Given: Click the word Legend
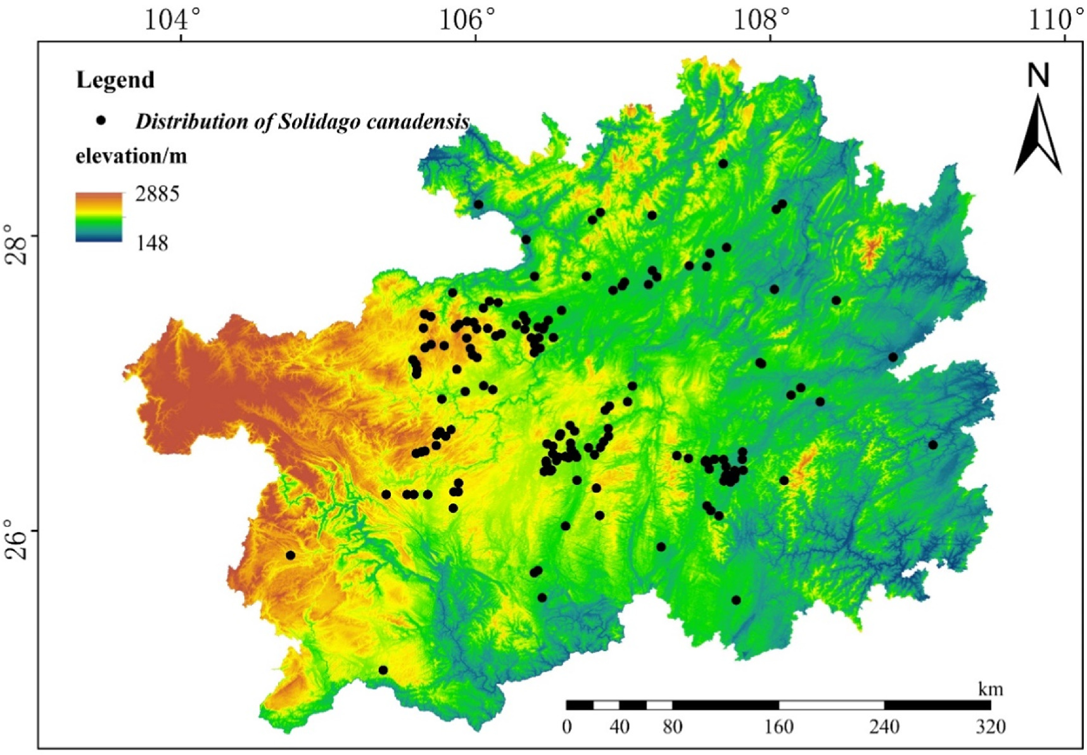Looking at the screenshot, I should click(115, 80).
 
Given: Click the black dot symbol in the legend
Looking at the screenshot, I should click(101, 120).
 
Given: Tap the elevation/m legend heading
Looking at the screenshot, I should click(131, 156).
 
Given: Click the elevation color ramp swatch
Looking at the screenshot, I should click(99, 217).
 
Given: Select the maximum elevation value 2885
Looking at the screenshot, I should click(157, 194).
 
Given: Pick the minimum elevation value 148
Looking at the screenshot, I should click(152, 243).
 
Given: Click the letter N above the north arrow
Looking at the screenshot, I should click(1038, 76).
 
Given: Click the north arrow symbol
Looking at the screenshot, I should click(1038, 135).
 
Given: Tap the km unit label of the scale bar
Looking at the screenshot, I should click(990, 688).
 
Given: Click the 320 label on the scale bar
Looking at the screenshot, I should click(990, 726).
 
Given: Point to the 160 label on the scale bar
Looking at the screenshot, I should click(779, 726).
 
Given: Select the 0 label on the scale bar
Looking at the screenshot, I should click(567, 726).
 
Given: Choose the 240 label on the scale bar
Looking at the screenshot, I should click(884, 726).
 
